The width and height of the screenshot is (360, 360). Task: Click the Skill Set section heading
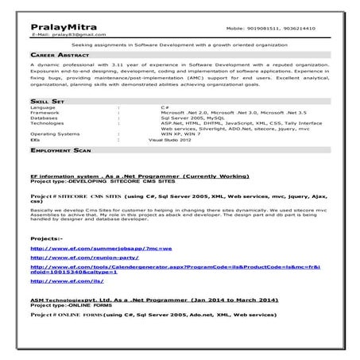[47, 103]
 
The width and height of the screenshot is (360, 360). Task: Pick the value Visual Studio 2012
[171, 139]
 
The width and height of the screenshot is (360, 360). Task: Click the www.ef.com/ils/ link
[67, 281]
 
